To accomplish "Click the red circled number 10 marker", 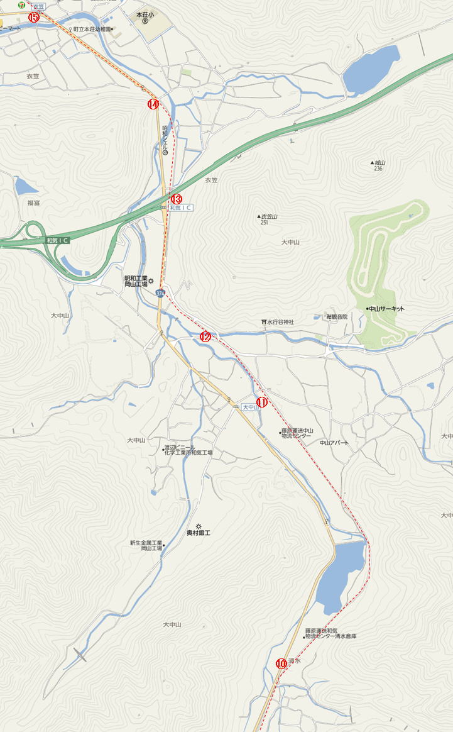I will coord(281,663).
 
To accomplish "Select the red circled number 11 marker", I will coord(262,402).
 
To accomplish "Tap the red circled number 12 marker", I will coord(205,336).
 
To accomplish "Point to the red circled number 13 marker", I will coord(177,199).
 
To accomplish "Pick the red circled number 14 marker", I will coord(153,104).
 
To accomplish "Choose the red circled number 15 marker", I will coord(33,17).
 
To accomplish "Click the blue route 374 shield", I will coord(161,293).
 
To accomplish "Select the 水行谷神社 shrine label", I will coord(278,322).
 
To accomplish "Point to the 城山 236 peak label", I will coord(378,165).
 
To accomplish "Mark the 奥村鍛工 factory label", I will coord(199,533).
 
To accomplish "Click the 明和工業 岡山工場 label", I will coord(136,281).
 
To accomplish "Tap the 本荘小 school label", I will coord(145,14).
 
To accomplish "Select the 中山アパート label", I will coord(334,443).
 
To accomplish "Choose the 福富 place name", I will coord(34,203).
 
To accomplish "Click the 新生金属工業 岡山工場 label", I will coord(146,546).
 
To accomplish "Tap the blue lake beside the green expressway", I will coord(371,69).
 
